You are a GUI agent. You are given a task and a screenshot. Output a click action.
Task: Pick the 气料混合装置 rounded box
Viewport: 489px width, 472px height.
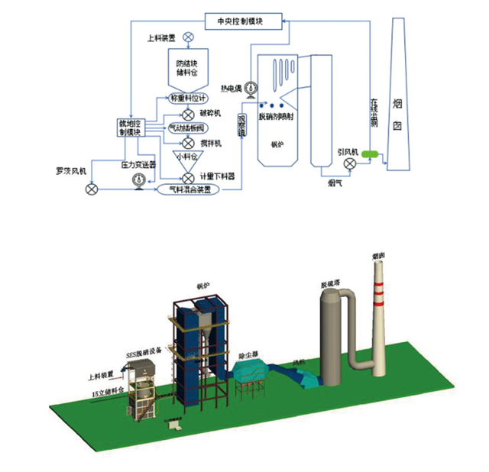194,187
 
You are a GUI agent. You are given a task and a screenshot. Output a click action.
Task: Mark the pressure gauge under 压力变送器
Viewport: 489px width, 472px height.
138,180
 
